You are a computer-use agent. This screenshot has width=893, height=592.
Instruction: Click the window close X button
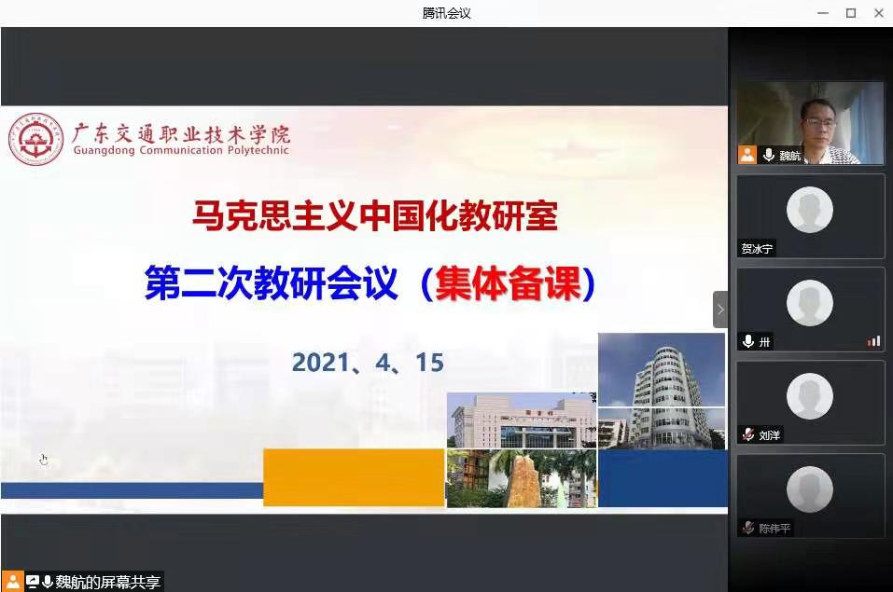pos(879,13)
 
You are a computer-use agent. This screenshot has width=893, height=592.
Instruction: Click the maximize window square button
pos(851,13)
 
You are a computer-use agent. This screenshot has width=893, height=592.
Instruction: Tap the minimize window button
pos(823,13)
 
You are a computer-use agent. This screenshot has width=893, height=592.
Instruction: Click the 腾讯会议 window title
pos(446,13)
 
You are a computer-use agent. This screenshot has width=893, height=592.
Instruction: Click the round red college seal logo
pos(35,139)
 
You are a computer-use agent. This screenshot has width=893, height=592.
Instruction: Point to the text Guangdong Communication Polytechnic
pos(181,150)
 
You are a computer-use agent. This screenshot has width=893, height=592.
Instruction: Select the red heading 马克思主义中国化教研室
pos(375,215)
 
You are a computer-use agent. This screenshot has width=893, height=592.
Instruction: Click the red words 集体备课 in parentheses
pos(508,282)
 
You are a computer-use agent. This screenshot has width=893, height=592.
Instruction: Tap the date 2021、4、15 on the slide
pos(368,363)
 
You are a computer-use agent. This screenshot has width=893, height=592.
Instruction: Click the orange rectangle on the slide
pos(354,477)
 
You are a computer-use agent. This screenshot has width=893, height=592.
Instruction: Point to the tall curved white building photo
pos(662,391)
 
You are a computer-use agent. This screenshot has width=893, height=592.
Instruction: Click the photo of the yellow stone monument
pos(522,478)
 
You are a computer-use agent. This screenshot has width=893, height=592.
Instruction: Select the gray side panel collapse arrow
pos(720,310)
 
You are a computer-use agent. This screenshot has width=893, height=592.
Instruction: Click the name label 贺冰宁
pos(757,249)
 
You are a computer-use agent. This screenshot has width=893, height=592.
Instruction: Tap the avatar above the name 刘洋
pos(809,396)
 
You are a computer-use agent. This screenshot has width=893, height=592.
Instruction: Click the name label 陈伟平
pos(774,529)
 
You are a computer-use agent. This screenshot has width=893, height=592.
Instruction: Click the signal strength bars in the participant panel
pos(873,341)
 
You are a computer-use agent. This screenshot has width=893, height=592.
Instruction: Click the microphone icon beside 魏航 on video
pos(769,155)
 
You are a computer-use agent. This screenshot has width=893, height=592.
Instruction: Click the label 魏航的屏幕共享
pos(107,582)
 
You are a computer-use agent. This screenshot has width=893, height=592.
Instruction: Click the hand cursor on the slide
pos(44,460)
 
